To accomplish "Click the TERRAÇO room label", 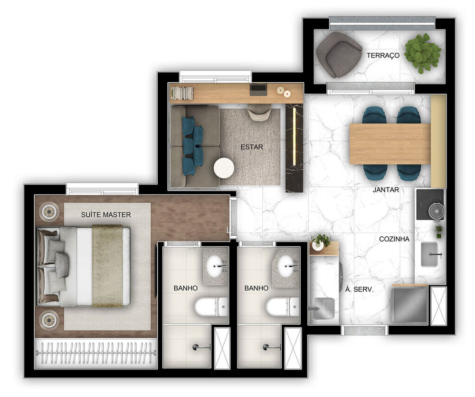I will tap(383, 56).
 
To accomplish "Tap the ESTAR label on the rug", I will tap(252, 147).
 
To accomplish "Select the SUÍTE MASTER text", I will tap(105, 215).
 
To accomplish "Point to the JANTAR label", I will tap(386, 190).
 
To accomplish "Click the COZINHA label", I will tap(394, 239).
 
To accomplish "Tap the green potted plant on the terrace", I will tap(422, 52).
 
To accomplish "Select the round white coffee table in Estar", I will tap(224, 168).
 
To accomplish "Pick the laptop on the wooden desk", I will tap(258, 89).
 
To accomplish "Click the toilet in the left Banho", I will tap(211, 307).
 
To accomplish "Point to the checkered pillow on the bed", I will tap(62, 264).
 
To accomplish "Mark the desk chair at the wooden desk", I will tap(259, 112).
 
